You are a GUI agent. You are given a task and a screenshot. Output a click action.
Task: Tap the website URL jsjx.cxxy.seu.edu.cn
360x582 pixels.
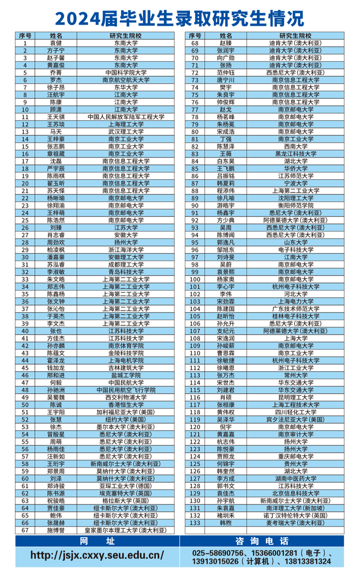[x=97, y=555]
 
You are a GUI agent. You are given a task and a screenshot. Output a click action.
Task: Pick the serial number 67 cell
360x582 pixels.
[x=25, y=530]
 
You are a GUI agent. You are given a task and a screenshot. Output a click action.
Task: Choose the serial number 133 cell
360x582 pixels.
[x=195, y=523]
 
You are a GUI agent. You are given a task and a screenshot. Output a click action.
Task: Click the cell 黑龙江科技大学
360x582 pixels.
[x=296, y=154]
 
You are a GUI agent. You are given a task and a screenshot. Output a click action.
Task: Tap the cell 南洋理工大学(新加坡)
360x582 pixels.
[x=296, y=508]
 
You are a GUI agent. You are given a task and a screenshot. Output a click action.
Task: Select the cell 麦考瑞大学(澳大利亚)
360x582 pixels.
[x=296, y=523]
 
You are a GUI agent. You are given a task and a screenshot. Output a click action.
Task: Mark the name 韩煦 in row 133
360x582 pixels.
[x=226, y=523]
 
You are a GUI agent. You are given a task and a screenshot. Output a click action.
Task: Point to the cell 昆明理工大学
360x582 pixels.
[x=296, y=397]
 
